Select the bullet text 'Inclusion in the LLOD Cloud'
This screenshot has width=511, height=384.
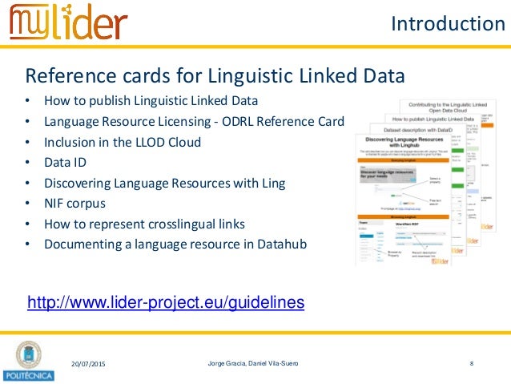(x=123, y=143)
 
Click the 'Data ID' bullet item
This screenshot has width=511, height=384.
(x=65, y=163)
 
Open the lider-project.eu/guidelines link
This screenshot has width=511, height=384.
(x=166, y=302)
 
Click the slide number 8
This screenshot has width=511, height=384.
(x=472, y=365)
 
